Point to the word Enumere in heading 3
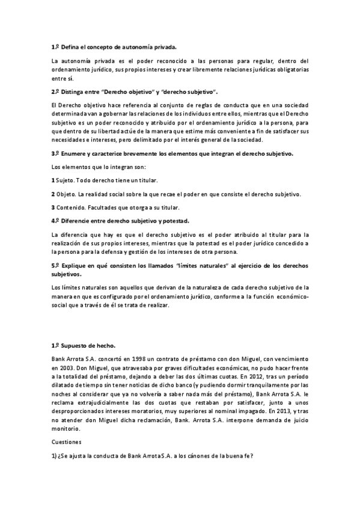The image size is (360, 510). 73,154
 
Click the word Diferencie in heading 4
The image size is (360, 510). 76,221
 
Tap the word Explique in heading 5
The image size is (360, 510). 75,265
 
